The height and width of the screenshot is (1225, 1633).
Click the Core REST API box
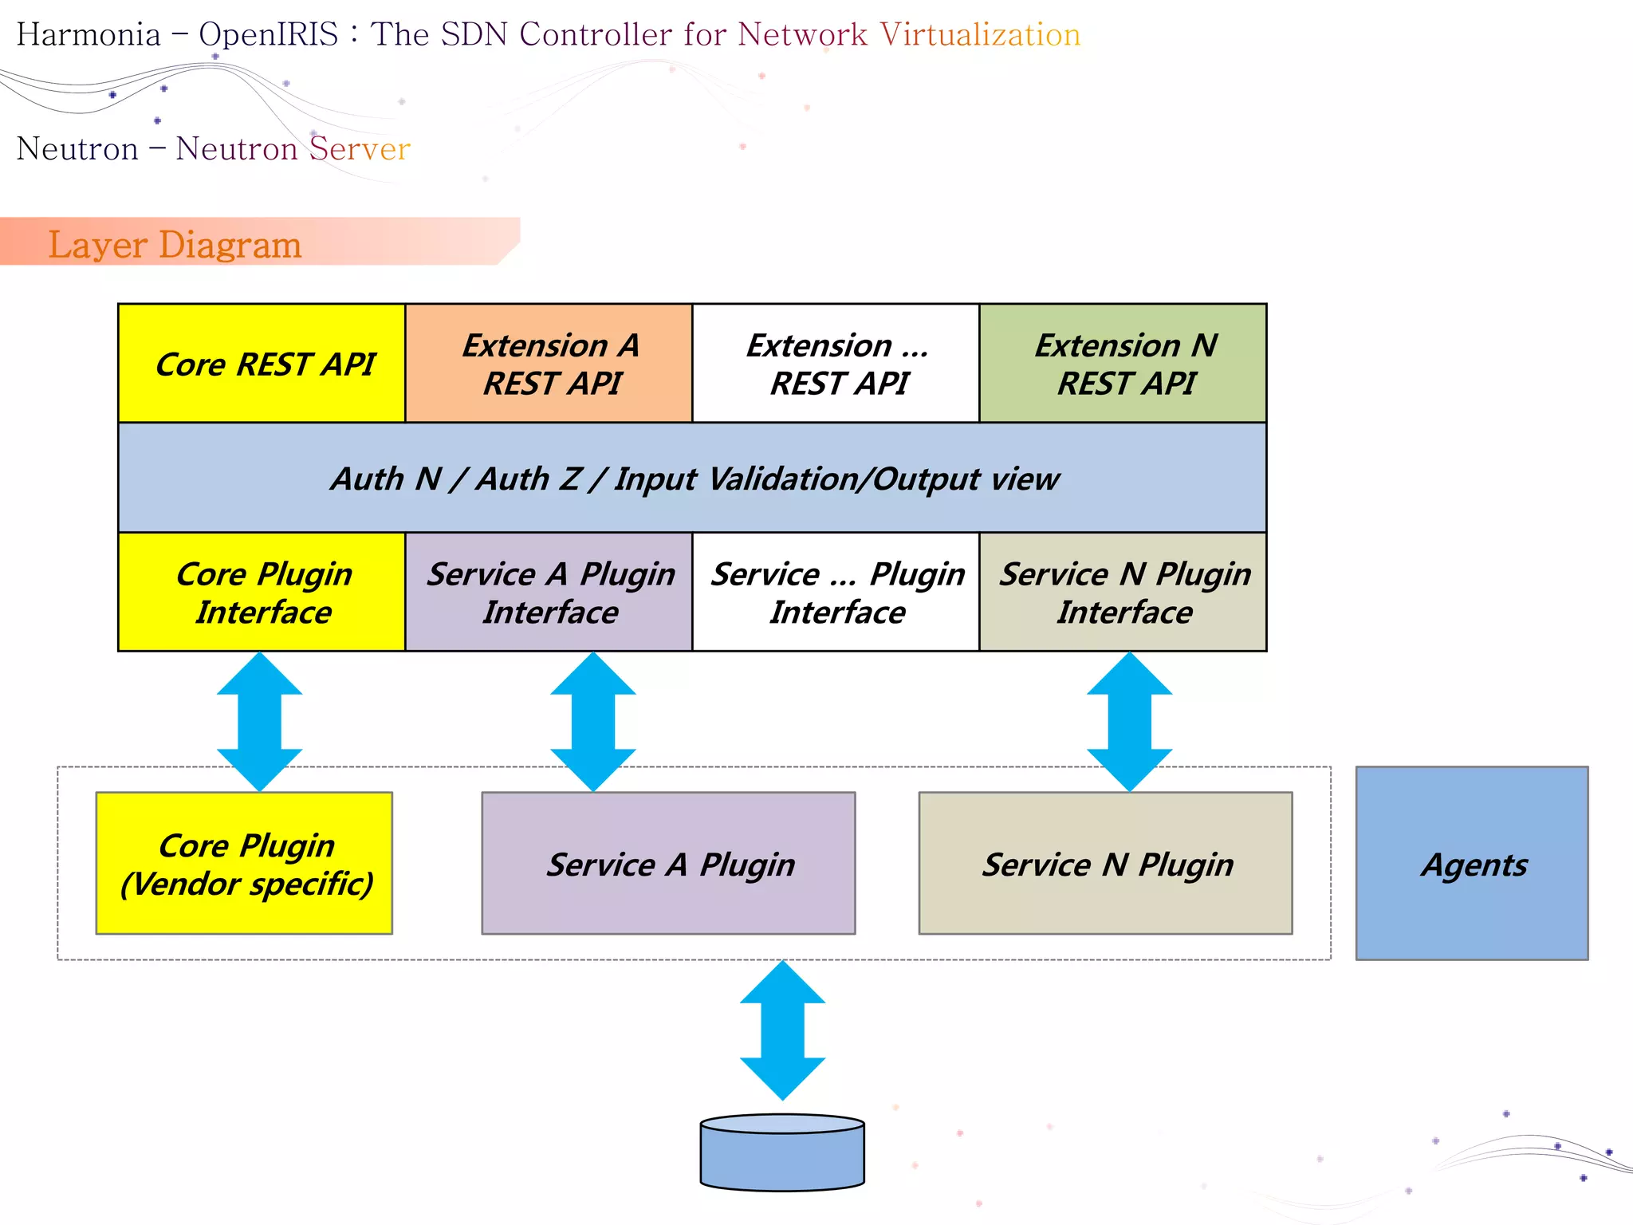point(262,363)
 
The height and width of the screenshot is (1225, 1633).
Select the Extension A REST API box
point(549,363)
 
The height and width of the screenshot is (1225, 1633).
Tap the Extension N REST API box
point(1123,363)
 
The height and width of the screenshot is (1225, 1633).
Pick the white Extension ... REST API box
point(836,363)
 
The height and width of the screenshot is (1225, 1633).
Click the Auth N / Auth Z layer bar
point(692,478)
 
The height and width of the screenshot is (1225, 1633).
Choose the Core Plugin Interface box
point(262,592)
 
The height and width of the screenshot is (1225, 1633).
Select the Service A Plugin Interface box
point(549,592)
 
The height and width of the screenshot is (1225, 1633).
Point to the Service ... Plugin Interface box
point(836,592)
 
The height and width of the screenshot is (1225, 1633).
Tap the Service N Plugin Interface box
point(1123,592)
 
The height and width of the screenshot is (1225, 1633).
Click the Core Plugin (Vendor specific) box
point(244,863)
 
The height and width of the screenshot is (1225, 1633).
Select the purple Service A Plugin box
point(668,863)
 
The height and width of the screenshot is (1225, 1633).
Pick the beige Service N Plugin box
point(1105,863)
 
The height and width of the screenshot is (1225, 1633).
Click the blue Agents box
point(1472,863)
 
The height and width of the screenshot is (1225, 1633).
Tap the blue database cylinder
point(782,1152)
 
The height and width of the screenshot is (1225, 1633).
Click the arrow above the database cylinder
point(782,1030)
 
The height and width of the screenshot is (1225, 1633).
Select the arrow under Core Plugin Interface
point(260,722)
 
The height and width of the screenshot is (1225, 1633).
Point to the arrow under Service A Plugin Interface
point(593,722)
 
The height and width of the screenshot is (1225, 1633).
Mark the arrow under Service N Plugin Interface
point(1130,722)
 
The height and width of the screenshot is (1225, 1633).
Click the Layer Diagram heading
point(175,244)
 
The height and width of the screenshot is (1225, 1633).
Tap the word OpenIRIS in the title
point(269,34)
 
